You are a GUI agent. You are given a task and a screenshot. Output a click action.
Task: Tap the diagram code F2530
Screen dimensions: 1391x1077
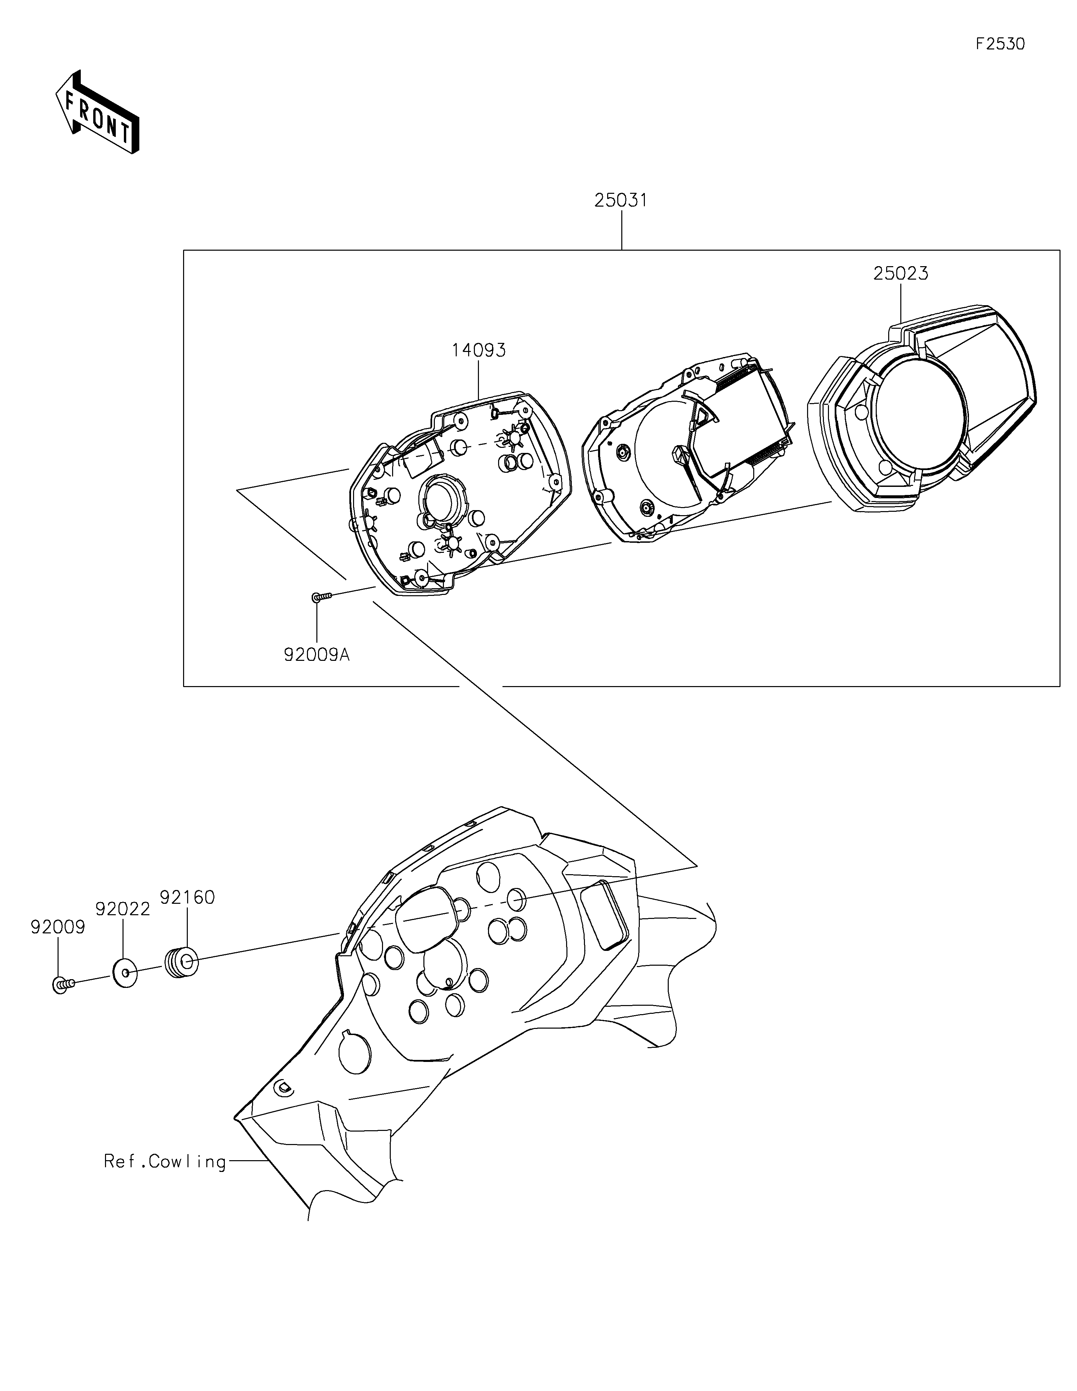pyautogui.click(x=1000, y=44)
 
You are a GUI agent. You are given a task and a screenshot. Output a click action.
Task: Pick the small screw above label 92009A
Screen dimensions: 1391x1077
pyautogui.click(x=322, y=597)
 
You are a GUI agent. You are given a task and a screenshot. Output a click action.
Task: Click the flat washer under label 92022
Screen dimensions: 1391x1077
pyautogui.click(x=126, y=972)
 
